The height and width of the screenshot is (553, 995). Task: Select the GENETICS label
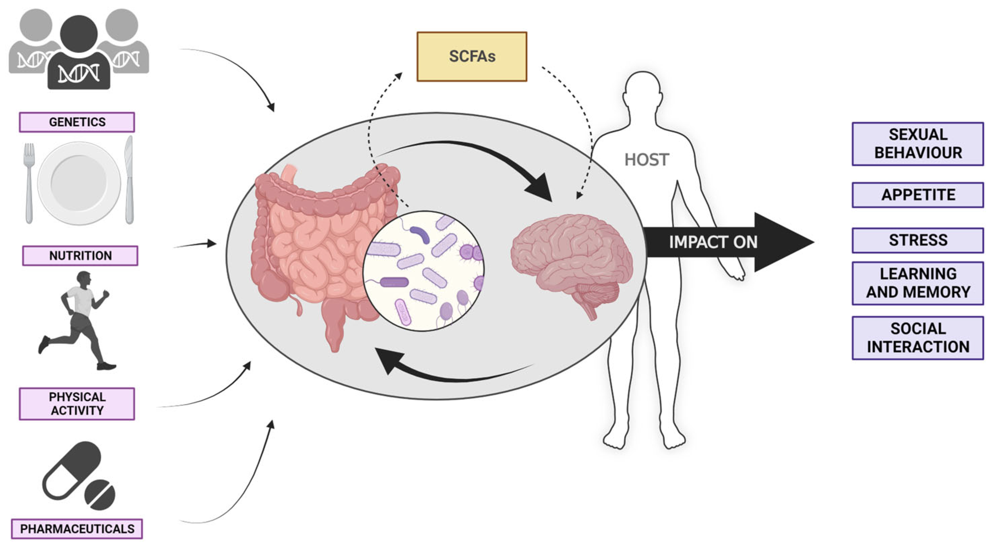click(77, 122)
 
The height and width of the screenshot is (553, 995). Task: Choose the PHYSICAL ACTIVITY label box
click(77, 403)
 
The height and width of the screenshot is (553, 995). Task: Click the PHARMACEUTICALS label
click(77, 528)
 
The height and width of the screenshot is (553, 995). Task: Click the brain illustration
click(572, 259)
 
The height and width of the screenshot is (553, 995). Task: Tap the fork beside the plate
click(29, 182)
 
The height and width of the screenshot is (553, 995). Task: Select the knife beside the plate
click(129, 180)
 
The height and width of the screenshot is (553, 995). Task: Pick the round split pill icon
click(100, 495)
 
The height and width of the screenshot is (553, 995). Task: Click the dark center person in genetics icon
click(79, 54)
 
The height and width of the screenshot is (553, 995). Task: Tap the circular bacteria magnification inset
click(424, 271)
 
